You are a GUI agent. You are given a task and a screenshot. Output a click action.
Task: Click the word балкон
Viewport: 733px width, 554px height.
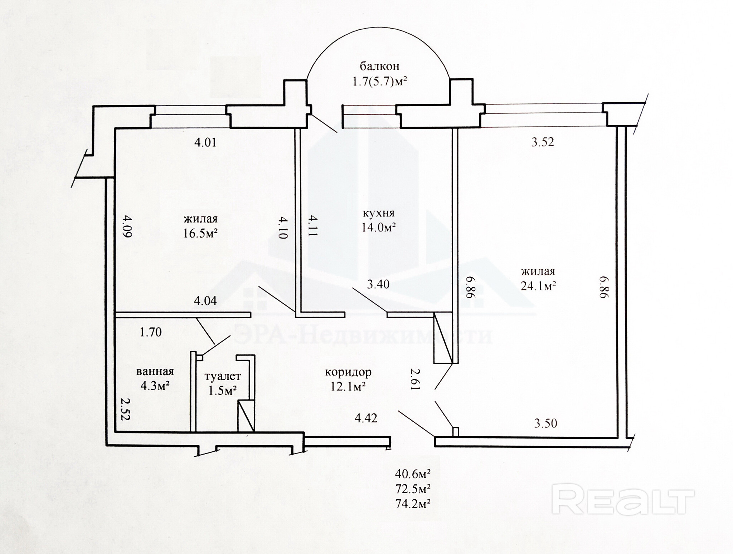(379, 66)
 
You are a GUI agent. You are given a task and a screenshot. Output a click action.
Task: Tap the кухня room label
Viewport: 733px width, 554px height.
(379, 213)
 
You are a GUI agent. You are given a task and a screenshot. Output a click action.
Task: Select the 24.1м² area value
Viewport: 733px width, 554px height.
(538, 286)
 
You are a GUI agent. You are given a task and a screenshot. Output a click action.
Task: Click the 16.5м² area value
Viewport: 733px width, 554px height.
(201, 234)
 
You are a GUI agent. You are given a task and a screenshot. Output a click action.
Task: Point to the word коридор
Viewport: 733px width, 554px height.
(348, 373)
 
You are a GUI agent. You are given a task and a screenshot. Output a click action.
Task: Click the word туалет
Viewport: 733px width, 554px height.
(223, 376)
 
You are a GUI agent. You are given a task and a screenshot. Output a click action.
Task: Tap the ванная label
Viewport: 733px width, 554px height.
(155, 372)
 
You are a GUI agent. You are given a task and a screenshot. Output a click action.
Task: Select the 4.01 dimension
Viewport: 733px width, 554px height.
(205, 142)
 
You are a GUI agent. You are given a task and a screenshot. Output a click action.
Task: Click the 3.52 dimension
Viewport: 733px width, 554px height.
(543, 142)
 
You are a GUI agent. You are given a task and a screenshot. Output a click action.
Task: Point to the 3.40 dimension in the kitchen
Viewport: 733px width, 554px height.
(378, 285)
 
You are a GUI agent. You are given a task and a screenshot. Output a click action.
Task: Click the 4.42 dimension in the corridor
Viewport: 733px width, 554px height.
(366, 418)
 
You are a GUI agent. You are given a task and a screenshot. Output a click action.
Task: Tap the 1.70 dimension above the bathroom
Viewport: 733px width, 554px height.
(151, 332)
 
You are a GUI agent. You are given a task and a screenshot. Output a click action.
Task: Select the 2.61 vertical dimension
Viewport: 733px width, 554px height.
(414, 379)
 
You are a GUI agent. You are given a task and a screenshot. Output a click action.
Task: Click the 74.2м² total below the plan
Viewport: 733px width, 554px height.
(413, 504)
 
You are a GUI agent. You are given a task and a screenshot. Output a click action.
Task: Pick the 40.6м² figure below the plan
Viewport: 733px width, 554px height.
(413, 474)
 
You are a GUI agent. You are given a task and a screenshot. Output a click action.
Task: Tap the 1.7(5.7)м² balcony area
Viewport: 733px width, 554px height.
(380, 82)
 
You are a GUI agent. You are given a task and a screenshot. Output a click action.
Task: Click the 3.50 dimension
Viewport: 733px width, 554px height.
(545, 423)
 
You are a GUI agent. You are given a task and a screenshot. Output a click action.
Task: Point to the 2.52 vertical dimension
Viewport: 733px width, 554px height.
(124, 410)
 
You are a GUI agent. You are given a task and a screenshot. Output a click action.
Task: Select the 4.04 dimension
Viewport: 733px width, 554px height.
(205, 301)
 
